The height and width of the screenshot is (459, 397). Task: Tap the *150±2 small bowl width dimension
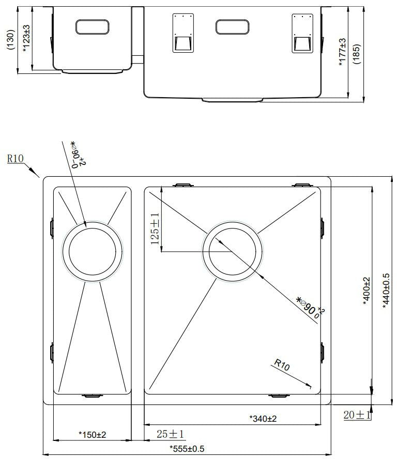pos(92,435)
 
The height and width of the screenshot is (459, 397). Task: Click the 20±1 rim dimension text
pos(357,415)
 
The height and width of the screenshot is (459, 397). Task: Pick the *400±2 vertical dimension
pos(367,292)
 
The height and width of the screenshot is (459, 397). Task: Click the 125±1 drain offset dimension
pos(155,230)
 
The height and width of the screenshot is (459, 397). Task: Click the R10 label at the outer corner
pos(15,159)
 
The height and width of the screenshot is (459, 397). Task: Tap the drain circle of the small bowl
pos(93,252)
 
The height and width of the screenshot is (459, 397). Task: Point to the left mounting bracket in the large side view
pos(181,34)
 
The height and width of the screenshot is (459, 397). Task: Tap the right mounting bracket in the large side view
pos(302,34)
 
